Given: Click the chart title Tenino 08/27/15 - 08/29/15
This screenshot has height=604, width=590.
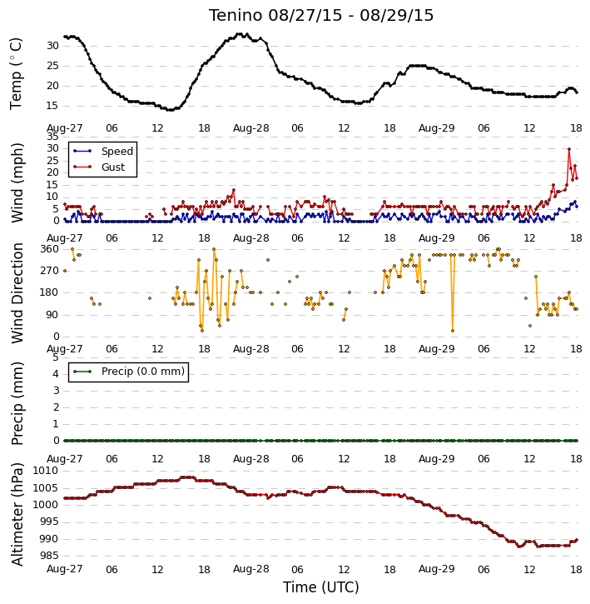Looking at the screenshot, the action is pyautogui.click(x=321, y=15).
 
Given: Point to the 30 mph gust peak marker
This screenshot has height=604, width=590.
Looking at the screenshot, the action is pyautogui.click(x=569, y=149).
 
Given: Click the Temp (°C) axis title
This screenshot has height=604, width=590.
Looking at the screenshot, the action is pyautogui.click(x=16, y=73).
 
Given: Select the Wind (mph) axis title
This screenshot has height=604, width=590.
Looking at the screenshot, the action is pyautogui.click(x=17, y=182).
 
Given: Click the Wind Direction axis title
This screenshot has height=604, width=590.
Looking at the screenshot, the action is pyautogui.click(x=17, y=292).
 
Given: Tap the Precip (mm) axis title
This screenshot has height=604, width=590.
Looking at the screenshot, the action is pyautogui.click(x=17, y=403).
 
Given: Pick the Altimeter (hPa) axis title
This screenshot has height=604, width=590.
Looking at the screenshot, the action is pyautogui.click(x=17, y=514).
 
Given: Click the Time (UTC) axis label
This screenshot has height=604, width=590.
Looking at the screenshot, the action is pyautogui.click(x=321, y=587).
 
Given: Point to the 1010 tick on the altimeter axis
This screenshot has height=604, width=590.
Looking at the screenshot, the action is pyautogui.click(x=46, y=471).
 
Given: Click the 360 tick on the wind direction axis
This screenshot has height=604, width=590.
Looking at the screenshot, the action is pyautogui.click(x=50, y=249).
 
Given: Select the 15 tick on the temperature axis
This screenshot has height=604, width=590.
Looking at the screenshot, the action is pyautogui.click(x=52, y=106).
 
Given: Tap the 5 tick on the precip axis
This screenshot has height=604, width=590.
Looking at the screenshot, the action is pyautogui.click(x=56, y=357).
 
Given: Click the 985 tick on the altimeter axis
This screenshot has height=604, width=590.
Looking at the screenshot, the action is pyautogui.click(x=49, y=556).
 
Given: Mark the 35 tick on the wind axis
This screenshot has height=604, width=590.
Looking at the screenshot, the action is pyautogui.click(x=52, y=137).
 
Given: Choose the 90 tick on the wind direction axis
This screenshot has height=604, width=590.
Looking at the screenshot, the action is pyautogui.click(x=52, y=315).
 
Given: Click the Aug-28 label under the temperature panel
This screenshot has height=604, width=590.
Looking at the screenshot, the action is pyautogui.click(x=251, y=128).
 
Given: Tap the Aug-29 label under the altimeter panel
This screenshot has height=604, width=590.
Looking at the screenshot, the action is pyautogui.click(x=436, y=569).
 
